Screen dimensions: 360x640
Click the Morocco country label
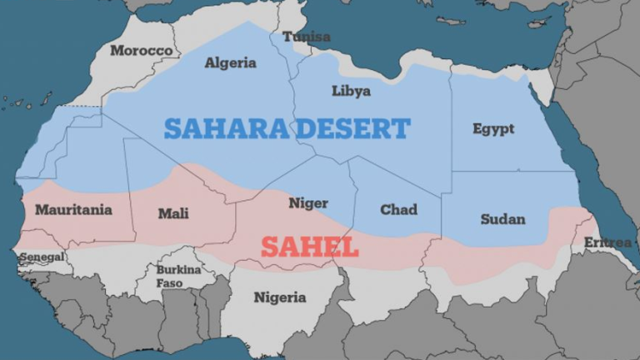coord(142,51)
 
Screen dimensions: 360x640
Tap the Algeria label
coord(231,62)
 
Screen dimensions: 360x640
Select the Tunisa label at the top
coord(306,37)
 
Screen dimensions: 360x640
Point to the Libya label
coord(351,91)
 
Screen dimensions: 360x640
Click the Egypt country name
coord(493,129)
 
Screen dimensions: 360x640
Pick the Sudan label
coord(502,219)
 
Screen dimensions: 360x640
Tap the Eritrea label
coord(607,242)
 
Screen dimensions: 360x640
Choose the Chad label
coord(398,210)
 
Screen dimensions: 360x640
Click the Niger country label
coord(308,203)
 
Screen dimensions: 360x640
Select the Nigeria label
coord(280,297)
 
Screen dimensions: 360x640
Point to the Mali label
coord(173,214)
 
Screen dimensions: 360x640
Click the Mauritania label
coord(73,210)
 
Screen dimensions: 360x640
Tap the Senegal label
coord(42,257)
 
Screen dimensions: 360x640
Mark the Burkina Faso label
coord(179,277)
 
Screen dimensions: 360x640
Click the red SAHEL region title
coord(309,247)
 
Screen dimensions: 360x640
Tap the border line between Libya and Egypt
coord(451,125)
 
